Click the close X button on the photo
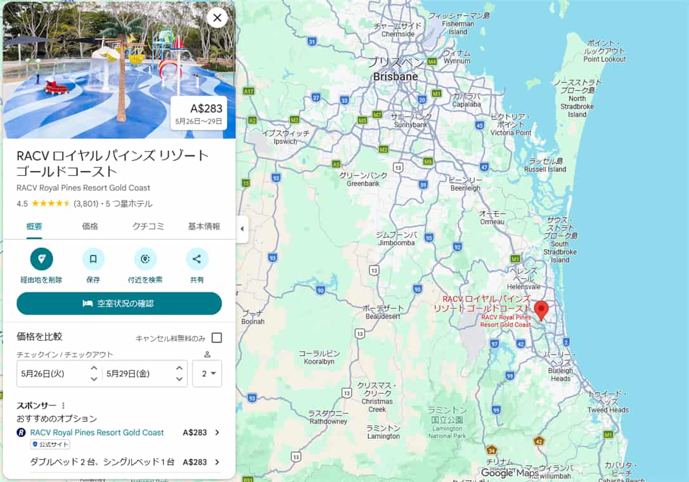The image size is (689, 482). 217,18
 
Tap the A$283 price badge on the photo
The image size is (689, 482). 199,113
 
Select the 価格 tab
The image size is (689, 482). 90,226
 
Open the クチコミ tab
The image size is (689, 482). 148,226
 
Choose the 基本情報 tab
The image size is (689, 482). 204,226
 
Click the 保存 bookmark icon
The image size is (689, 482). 93,259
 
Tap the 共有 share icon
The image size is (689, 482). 196,259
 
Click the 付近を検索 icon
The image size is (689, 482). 145,259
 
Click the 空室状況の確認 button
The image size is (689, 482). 119,304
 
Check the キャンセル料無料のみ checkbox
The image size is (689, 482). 217,338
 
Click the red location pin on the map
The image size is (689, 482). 541,309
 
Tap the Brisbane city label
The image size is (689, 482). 396,77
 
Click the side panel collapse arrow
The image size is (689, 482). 241,229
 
